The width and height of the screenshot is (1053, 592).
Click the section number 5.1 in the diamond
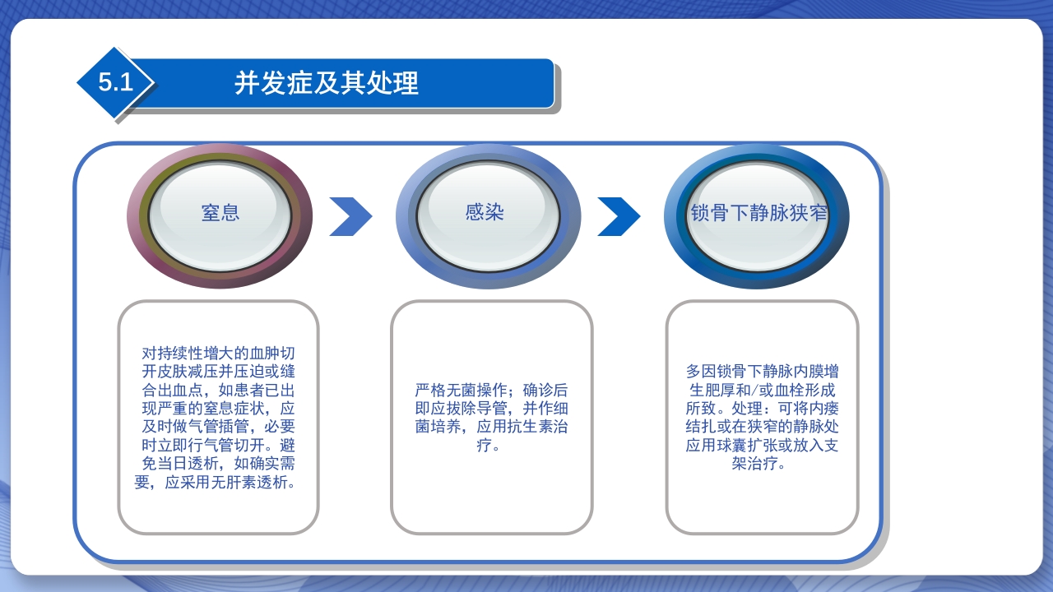115,83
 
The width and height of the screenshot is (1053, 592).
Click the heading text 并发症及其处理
327,83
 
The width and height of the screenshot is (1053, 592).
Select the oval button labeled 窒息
220,213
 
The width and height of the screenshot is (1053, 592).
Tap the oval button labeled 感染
485,212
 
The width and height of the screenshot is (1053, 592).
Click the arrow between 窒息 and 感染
350,216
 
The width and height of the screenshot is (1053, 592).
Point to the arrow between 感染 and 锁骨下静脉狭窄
619,216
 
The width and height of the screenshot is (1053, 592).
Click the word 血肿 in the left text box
264,354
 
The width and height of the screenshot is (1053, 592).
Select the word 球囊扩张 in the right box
746,446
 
